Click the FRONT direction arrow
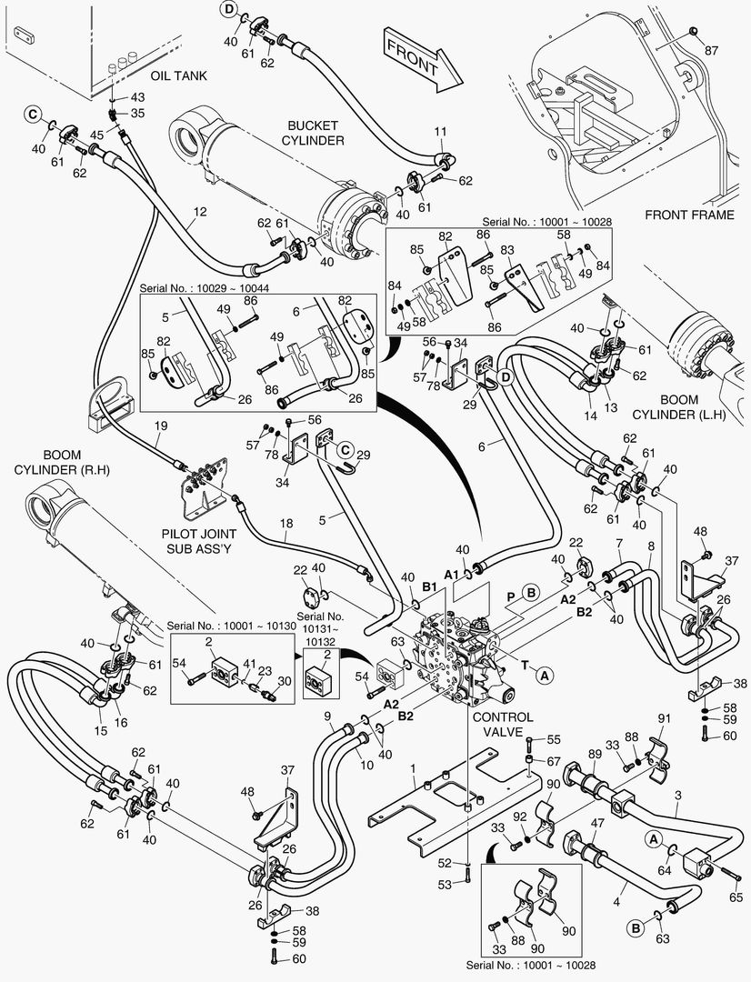[415, 58]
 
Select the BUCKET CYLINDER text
[313, 133]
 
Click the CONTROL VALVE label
[503, 723]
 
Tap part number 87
[711, 50]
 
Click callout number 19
[160, 426]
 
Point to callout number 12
[199, 211]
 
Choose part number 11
[439, 133]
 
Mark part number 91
[664, 717]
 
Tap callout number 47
[597, 822]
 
